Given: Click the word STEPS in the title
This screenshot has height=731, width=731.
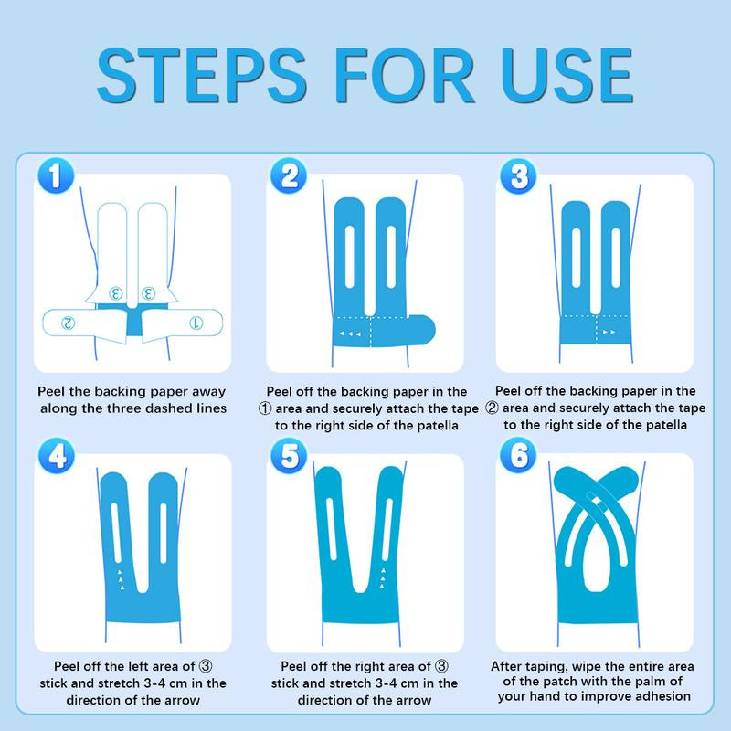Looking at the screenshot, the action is (201, 75).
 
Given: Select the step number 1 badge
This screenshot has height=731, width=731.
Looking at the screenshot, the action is (56, 175).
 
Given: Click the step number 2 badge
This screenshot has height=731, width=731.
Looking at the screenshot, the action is (289, 175).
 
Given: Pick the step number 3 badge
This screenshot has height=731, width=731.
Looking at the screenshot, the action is (518, 175).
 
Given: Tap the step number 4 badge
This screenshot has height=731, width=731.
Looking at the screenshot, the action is (57, 455).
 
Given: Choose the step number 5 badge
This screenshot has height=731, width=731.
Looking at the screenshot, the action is (289, 455).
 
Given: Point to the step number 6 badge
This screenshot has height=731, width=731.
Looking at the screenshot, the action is (518, 455).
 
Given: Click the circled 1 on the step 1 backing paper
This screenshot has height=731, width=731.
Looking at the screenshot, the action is (196, 323).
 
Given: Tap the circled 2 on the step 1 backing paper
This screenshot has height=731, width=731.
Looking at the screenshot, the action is (68, 323).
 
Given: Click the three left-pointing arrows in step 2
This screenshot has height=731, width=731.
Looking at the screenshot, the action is (350, 334).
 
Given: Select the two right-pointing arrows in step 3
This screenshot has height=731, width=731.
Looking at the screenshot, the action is (609, 332).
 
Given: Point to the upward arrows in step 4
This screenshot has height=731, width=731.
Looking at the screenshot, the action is (121, 580).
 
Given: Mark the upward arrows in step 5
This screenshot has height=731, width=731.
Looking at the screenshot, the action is (383, 578).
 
